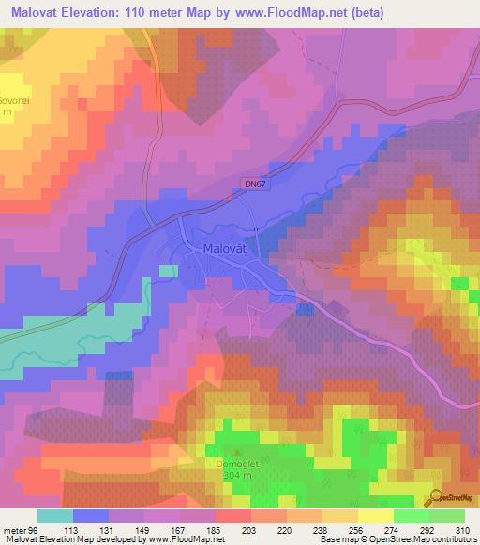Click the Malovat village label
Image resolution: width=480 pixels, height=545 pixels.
(226, 249)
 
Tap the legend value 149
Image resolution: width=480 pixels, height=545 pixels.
(143, 529)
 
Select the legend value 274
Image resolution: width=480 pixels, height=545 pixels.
(393, 529)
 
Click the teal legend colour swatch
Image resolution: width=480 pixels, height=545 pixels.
(54, 516)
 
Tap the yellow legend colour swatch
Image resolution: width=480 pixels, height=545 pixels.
(375, 516)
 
